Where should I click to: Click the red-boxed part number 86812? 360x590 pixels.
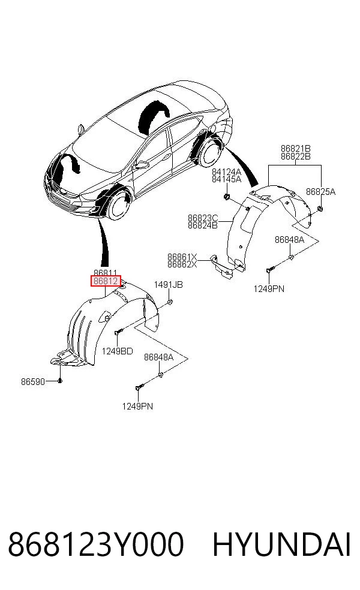point(106,281)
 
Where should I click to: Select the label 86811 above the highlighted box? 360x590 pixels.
point(106,273)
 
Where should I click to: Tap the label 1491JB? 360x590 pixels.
point(169,285)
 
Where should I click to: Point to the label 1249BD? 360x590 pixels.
point(117,351)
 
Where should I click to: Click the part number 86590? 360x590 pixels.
point(33,381)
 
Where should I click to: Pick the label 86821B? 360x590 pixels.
point(296,149)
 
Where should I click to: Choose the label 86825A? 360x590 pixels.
point(320,191)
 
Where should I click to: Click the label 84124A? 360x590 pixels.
point(226,172)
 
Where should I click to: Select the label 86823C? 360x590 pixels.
point(203,218)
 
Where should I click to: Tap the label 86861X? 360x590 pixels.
point(182,257)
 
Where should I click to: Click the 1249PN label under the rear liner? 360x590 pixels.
point(269,289)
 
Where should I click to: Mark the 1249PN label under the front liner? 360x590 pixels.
point(137,407)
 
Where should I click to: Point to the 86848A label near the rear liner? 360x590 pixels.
point(289,240)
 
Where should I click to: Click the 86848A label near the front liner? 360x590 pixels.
point(158,357)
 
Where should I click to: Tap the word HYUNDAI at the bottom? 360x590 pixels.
point(281,544)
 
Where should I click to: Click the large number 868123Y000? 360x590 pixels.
point(95,544)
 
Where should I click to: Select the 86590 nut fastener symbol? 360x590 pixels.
point(60,381)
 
